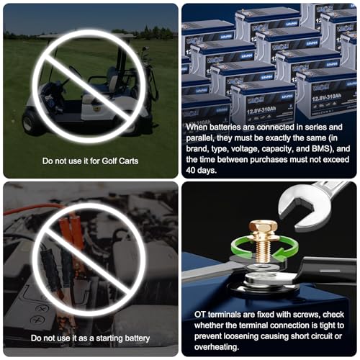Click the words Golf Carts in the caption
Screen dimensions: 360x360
[120, 161]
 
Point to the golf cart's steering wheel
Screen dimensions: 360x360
[75, 71]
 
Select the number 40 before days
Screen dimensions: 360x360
[191, 170]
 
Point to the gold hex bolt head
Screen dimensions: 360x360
[263, 228]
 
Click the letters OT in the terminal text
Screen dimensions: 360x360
[200, 315]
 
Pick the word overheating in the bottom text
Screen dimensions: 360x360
[217, 347]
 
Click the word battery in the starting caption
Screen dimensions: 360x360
[137, 338]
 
